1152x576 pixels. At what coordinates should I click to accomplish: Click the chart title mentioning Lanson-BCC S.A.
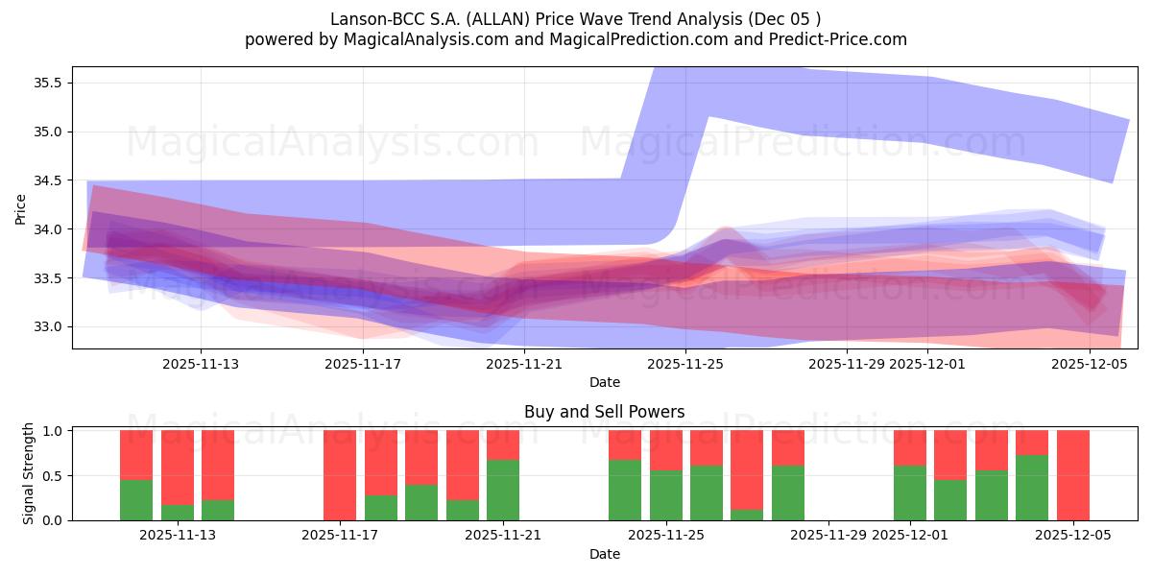(x=575, y=18)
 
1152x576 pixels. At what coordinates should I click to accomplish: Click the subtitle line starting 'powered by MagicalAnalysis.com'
(x=575, y=39)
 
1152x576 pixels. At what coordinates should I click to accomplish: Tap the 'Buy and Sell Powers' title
(x=604, y=412)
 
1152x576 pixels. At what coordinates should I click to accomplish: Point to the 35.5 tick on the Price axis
(x=49, y=83)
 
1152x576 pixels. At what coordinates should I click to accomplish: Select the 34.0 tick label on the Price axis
(x=49, y=229)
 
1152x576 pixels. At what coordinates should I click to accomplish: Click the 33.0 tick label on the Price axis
(x=49, y=327)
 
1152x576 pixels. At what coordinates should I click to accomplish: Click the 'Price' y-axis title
(x=21, y=208)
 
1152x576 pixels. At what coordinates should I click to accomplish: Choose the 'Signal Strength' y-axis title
(x=29, y=473)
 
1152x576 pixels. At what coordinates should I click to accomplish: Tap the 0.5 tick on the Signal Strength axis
(x=54, y=476)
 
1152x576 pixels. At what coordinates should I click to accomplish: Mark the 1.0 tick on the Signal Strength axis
(x=54, y=431)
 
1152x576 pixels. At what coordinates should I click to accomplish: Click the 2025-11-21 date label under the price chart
(x=524, y=364)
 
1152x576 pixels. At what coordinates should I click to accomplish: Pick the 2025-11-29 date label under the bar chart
(x=828, y=536)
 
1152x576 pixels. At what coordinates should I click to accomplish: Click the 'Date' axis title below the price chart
(x=604, y=382)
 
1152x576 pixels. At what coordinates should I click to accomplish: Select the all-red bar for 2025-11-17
(x=340, y=475)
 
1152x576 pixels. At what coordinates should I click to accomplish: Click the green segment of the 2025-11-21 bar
(x=503, y=491)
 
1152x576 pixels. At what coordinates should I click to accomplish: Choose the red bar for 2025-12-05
(x=1072, y=475)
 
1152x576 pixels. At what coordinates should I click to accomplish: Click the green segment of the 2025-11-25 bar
(x=665, y=495)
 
